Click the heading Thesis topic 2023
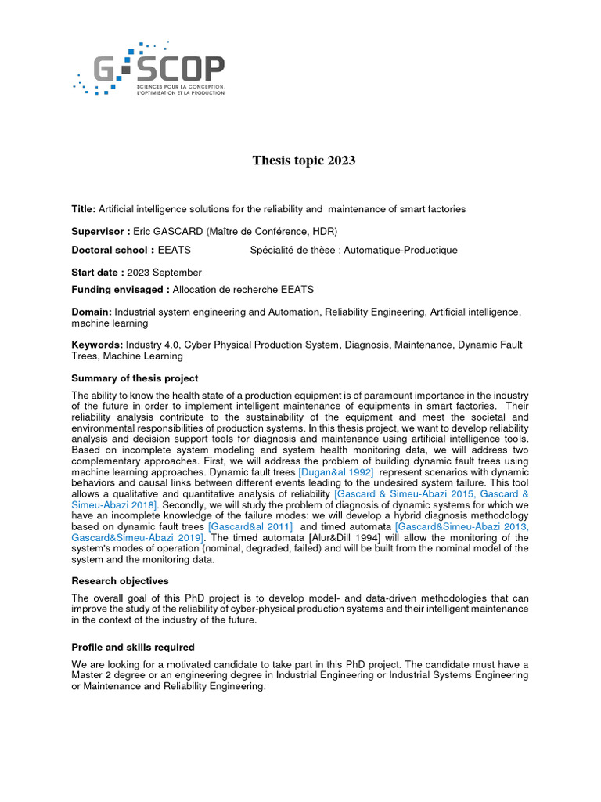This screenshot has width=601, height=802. pyautogui.click(x=304, y=161)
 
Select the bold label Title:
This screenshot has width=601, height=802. pyautogui.click(x=84, y=209)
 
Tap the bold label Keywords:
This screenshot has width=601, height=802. pyautogui.click(x=97, y=345)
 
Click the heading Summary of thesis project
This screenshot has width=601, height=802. pyautogui.click(x=135, y=378)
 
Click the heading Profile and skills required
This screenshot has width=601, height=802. pyautogui.click(x=133, y=648)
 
